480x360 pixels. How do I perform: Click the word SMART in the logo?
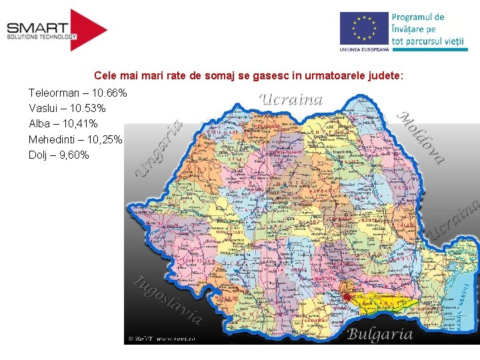click(x=37, y=27)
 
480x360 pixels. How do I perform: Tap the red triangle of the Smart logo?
click(x=89, y=30)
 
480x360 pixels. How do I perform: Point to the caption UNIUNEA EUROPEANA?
click(x=363, y=50)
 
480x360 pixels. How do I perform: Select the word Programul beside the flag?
click(x=418, y=17)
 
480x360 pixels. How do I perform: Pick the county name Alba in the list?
click(x=40, y=124)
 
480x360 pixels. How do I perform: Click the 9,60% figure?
click(x=73, y=156)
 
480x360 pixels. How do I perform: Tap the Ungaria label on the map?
click(x=158, y=148)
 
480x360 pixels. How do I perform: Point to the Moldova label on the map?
click(x=421, y=136)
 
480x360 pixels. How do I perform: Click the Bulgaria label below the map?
click(x=380, y=334)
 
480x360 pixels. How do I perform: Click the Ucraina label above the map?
click(x=291, y=100)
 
